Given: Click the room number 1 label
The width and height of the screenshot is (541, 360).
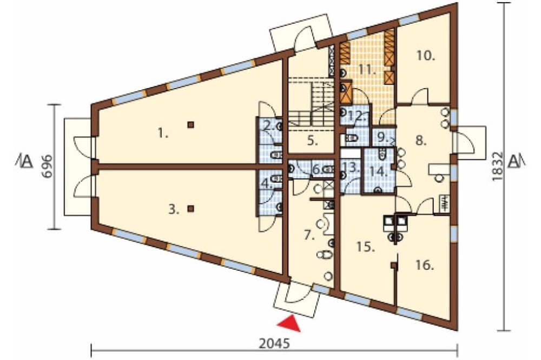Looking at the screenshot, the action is coord(162,133).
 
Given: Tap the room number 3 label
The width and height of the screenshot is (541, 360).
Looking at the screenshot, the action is coord(174,209).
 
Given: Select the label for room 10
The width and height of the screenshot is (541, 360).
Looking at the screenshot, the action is coord(425,56).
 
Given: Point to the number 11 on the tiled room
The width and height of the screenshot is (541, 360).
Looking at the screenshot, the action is coord(366,70).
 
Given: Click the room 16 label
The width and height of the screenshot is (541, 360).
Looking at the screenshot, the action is coord(424,265).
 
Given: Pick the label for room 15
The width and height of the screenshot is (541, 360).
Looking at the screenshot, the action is coord(365,247).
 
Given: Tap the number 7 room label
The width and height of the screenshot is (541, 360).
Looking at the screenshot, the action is coord(309,236).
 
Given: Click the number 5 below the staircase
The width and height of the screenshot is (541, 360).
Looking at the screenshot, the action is coord(312,141).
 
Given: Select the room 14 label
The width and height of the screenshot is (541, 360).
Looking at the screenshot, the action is coord(379,171).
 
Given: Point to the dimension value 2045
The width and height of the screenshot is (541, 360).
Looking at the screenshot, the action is coord(274,344).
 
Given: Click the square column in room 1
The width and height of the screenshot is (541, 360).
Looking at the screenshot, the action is coord(190,125).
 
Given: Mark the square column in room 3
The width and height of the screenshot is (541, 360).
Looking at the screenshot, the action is coord(190,208).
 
